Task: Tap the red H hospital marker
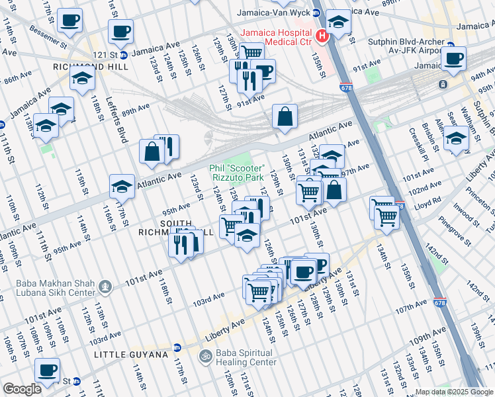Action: point(322,36)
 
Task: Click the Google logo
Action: point(22,389)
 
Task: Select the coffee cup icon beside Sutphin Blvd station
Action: point(453,58)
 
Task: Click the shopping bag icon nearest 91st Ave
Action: point(285,116)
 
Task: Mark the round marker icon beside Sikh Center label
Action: point(105,287)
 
